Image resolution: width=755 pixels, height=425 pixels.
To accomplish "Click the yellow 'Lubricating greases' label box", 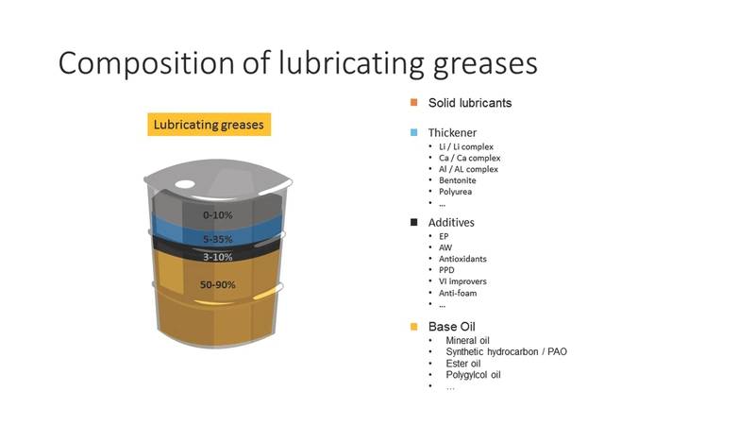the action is pos(209,125).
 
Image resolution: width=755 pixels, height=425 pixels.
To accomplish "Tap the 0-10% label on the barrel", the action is pos(218,215).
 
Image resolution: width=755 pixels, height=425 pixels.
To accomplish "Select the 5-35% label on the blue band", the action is pos(218,239).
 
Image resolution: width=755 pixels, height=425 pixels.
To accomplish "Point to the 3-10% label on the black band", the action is pos(218,257).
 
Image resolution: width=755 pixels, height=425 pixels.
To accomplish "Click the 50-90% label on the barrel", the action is pos(218,285).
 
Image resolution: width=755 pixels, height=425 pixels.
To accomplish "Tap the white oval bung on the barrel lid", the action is pos(185,184).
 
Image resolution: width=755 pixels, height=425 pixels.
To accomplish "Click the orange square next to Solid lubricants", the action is pos(413,102).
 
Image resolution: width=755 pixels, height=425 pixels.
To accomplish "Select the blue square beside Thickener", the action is pos(413,132).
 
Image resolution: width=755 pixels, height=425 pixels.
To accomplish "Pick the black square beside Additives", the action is pos(413,222).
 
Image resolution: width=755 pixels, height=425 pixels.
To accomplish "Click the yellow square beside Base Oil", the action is pos(413,327).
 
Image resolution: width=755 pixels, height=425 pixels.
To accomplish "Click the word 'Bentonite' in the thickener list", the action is pos(458,180).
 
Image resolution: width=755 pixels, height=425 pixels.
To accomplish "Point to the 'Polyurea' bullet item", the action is pos(455,192).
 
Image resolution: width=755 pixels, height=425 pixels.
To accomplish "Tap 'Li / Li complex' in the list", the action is pos(466,146).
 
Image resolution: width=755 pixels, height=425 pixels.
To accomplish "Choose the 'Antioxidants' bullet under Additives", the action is pos(462,259).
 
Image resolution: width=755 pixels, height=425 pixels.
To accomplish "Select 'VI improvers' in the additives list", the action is pos(462,281).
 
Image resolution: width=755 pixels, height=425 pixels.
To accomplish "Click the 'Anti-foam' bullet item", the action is pos(458,293).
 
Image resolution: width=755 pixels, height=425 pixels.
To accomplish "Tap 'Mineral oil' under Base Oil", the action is pos(467,340).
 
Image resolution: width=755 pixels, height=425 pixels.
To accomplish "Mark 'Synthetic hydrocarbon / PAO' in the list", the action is pos(507,351).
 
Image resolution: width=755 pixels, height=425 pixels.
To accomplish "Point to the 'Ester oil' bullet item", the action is pos(463,364).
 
